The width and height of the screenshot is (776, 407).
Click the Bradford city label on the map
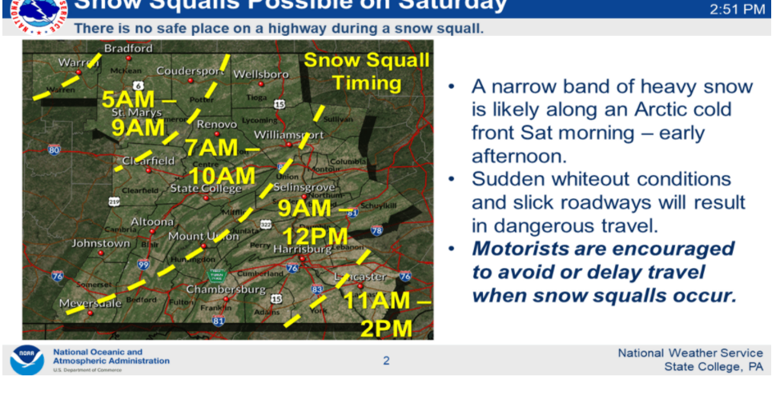(x=128, y=49)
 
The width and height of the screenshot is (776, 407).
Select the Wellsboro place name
(x=260, y=74)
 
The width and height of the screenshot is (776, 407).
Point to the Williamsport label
(x=288, y=134)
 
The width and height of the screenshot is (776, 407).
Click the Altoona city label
(x=152, y=221)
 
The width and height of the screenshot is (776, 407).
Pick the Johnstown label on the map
(x=101, y=243)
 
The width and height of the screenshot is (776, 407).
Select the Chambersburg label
(x=225, y=289)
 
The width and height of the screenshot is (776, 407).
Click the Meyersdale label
(x=90, y=303)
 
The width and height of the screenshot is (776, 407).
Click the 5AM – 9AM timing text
(x=137, y=113)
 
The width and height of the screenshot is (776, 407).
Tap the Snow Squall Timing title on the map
(x=367, y=72)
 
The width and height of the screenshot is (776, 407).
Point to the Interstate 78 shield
(x=376, y=230)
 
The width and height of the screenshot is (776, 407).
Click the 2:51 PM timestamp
(x=738, y=10)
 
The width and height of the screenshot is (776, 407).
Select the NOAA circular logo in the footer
(x=26, y=360)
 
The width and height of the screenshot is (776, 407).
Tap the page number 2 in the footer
(x=386, y=361)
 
